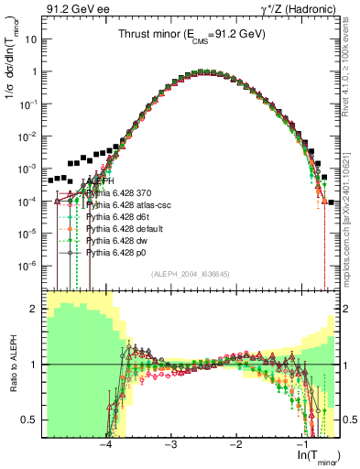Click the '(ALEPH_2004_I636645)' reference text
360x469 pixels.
(x=183, y=271)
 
